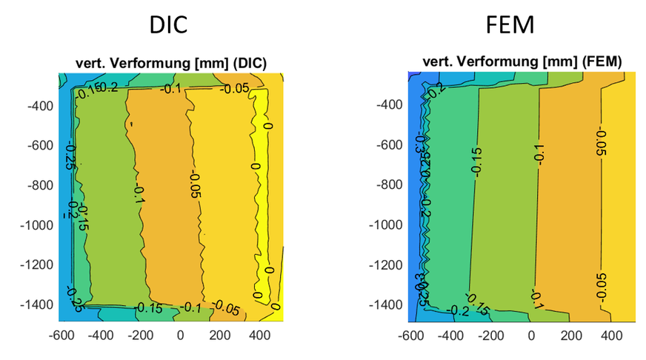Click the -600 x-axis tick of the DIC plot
pyautogui.click(x=60, y=335)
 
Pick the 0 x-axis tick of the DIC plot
pyautogui.click(x=180, y=335)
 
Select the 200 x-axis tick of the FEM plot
pyautogui.click(x=571, y=335)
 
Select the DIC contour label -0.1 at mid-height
pyautogui.click(x=139, y=195)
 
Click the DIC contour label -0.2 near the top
pyautogui.click(x=108, y=88)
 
